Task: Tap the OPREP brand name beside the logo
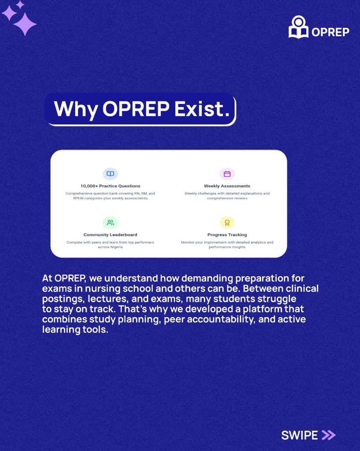(330, 32)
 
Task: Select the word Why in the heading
(75, 109)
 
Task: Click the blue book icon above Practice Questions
(110, 174)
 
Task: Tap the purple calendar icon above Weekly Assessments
(227, 174)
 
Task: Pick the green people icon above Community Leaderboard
(110, 222)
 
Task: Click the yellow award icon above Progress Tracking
(227, 222)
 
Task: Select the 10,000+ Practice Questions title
(110, 186)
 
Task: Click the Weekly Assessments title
(227, 186)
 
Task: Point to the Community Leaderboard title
(110, 235)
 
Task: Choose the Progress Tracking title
(227, 235)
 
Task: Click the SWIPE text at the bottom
(299, 435)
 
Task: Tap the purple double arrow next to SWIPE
(328, 435)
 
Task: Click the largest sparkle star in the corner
(25, 24)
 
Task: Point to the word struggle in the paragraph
(271, 299)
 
